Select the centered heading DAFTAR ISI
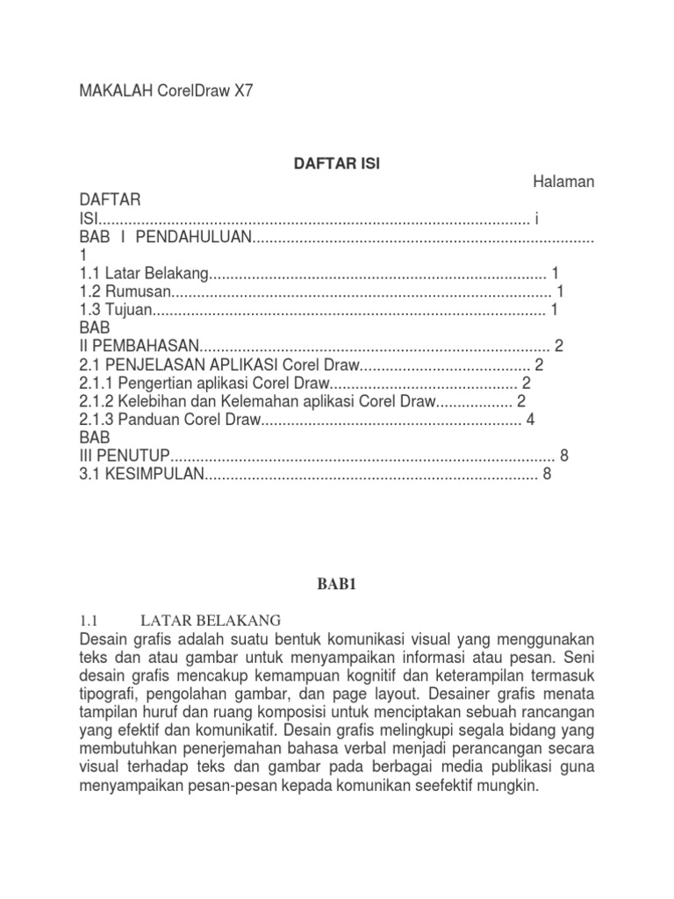pos(336,163)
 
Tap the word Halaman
pos(563,182)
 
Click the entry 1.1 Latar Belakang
pos(145,273)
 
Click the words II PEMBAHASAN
pos(140,346)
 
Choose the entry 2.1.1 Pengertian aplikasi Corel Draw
pos(204,383)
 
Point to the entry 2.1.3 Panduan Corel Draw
pos(170,420)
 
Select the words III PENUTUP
pos(123,457)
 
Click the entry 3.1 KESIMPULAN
pos(140,475)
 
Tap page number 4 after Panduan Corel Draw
pos(530,420)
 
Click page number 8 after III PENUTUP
pos(564,457)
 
